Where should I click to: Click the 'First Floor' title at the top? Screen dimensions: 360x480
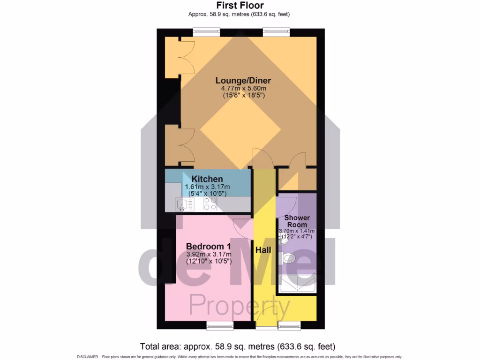pyautogui.click(x=240, y=6)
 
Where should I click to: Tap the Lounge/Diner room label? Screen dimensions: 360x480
pyautogui.click(x=243, y=81)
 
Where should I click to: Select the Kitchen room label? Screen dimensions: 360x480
pyautogui.click(x=207, y=179)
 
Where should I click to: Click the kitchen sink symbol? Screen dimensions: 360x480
pyautogui.click(x=184, y=204)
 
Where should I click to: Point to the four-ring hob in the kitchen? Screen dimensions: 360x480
pyautogui.click(x=210, y=204)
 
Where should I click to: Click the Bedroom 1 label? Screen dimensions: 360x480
pyautogui.click(x=208, y=247)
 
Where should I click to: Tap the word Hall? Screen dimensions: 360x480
pyautogui.click(x=263, y=251)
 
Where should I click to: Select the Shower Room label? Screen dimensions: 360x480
pyautogui.click(x=297, y=221)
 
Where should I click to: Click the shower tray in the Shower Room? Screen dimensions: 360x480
pyautogui.click(x=297, y=284)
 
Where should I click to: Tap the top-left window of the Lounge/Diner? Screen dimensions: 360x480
pyautogui.click(x=206, y=31)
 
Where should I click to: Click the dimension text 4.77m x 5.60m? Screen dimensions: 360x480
pyautogui.click(x=243, y=88)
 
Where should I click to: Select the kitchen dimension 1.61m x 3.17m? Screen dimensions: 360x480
pyautogui.click(x=207, y=187)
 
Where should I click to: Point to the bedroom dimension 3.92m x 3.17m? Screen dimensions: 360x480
pyautogui.click(x=208, y=255)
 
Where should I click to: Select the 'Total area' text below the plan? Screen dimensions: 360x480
pyautogui.click(x=238, y=347)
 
